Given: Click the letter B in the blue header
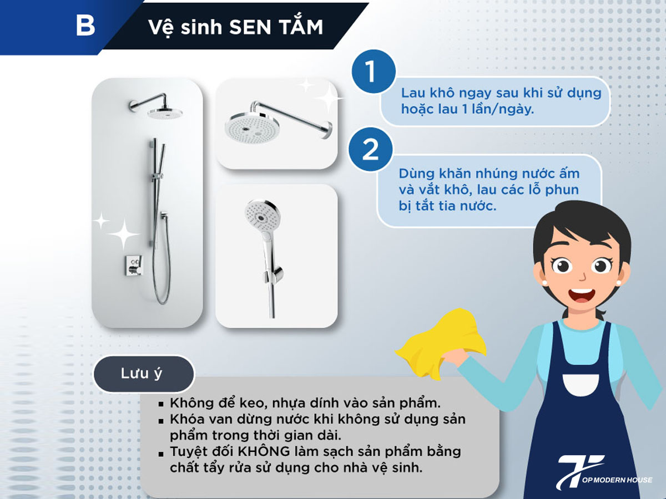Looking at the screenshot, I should (85, 26).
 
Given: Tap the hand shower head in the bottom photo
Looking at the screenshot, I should (258, 214).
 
